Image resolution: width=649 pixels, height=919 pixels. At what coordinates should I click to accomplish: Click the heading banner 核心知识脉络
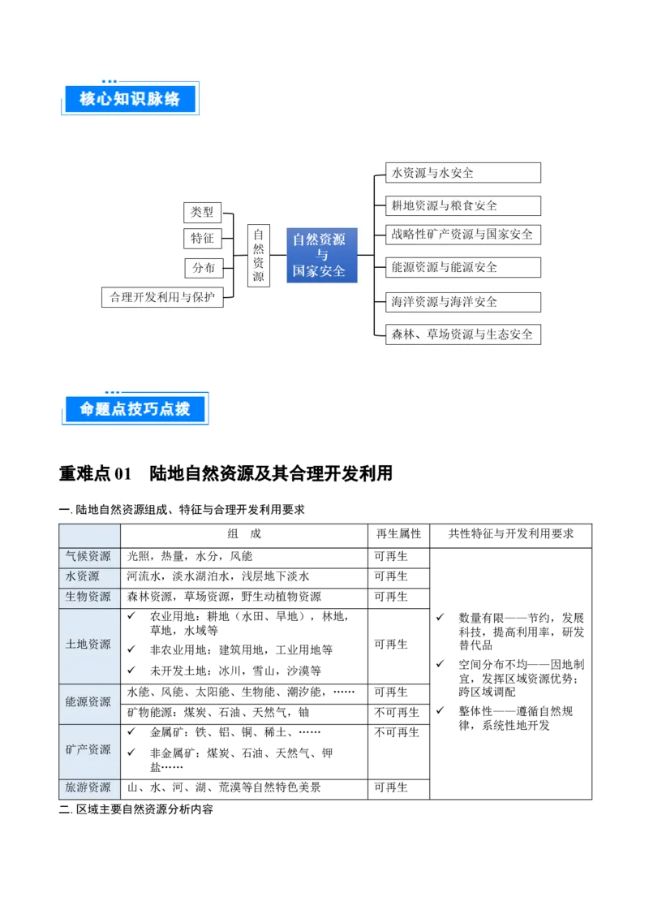point(129,98)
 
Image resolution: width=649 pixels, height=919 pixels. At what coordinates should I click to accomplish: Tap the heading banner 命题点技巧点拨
point(135,409)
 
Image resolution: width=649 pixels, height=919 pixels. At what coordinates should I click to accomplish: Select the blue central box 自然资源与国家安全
point(321,255)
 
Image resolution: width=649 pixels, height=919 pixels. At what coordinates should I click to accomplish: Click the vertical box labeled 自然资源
point(258,255)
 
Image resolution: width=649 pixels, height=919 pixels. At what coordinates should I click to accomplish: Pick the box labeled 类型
point(202,212)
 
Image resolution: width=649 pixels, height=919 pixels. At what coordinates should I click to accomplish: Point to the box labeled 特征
point(202,239)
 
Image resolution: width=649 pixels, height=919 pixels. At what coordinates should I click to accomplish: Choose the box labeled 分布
point(204,268)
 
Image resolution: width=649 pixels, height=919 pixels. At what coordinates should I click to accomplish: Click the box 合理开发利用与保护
point(162,297)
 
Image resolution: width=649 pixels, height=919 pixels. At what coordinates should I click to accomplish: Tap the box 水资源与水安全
point(462,173)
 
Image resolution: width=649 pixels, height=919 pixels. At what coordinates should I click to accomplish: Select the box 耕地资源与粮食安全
point(462,205)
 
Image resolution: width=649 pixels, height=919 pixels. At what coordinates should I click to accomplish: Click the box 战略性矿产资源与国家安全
point(462,235)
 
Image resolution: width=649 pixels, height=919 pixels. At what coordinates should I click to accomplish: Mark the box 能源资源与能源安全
point(462,267)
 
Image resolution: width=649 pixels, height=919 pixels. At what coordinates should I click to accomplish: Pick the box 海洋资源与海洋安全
point(462,302)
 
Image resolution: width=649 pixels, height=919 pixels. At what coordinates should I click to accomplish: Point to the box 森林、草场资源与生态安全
point(462,334)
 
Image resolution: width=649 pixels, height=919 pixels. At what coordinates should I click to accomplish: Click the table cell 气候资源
point(88,557)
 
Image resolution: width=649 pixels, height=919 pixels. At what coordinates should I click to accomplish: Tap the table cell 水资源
point(88,576)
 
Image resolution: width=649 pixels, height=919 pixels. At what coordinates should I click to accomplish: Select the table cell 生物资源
point(88,597)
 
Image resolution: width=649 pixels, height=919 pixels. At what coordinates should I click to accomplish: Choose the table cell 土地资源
point(88,645)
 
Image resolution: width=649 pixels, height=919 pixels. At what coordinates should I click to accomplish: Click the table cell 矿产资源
point(88,749)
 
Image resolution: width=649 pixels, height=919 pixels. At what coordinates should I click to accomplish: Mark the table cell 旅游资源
point(88,787)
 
